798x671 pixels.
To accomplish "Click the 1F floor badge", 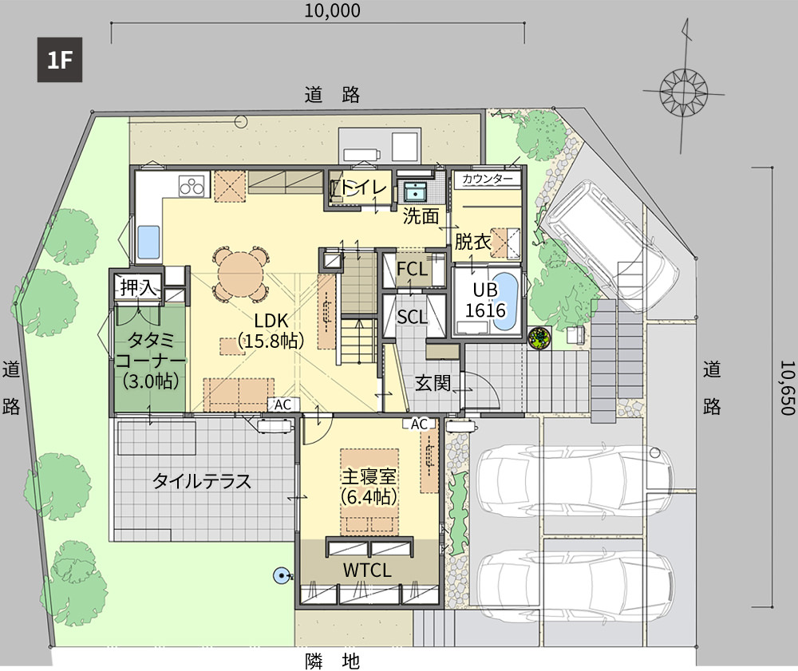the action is (x=60, y=60).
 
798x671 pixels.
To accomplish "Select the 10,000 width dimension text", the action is (x=332, y=10).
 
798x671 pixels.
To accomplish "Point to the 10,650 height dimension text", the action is (x=787, y=388).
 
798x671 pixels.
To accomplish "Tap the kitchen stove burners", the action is (x=192, y=185).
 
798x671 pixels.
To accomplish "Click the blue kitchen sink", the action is (x=148, y=242).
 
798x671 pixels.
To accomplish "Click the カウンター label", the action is (x=488, y=179).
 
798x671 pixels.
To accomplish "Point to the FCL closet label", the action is (x=412, y=269).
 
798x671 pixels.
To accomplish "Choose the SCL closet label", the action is (x=412, y=318).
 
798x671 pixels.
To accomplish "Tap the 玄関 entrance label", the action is (x=433, y=383).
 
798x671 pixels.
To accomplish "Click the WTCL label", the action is (x=367, y=570).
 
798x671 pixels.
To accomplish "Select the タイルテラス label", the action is (x=202, y=481).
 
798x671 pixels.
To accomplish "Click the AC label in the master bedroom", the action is (x=420, y=424).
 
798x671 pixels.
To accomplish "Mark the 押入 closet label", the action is (x=137, y=288).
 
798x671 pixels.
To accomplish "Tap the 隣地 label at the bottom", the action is (x=332, y=661).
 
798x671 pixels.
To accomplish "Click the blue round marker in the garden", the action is (x=280, y=576).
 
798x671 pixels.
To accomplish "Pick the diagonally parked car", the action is (x=610, y=234).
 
